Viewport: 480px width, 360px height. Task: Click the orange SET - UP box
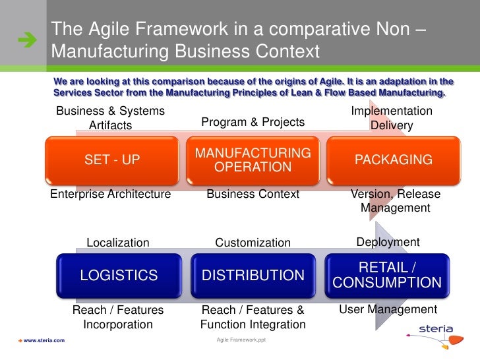112,160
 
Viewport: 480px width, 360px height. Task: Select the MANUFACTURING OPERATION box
253,160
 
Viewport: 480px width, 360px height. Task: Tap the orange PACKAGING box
394,160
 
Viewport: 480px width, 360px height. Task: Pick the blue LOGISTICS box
119,275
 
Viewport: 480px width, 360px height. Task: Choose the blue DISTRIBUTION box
253,275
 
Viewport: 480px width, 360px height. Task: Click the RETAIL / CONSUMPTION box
387,275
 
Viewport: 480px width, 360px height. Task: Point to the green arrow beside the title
28,42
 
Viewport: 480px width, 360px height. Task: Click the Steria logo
435,333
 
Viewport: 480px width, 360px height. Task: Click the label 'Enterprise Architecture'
111,194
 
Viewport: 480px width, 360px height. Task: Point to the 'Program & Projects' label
253,122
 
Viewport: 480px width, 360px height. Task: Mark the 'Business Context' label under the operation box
253,194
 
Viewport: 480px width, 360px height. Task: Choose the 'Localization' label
118,243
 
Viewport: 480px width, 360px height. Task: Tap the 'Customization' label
253,243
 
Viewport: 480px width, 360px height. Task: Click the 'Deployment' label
388,242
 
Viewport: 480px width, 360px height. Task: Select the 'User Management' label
388,309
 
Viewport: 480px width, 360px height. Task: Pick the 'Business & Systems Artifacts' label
110,118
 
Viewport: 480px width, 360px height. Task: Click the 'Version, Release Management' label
396,201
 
